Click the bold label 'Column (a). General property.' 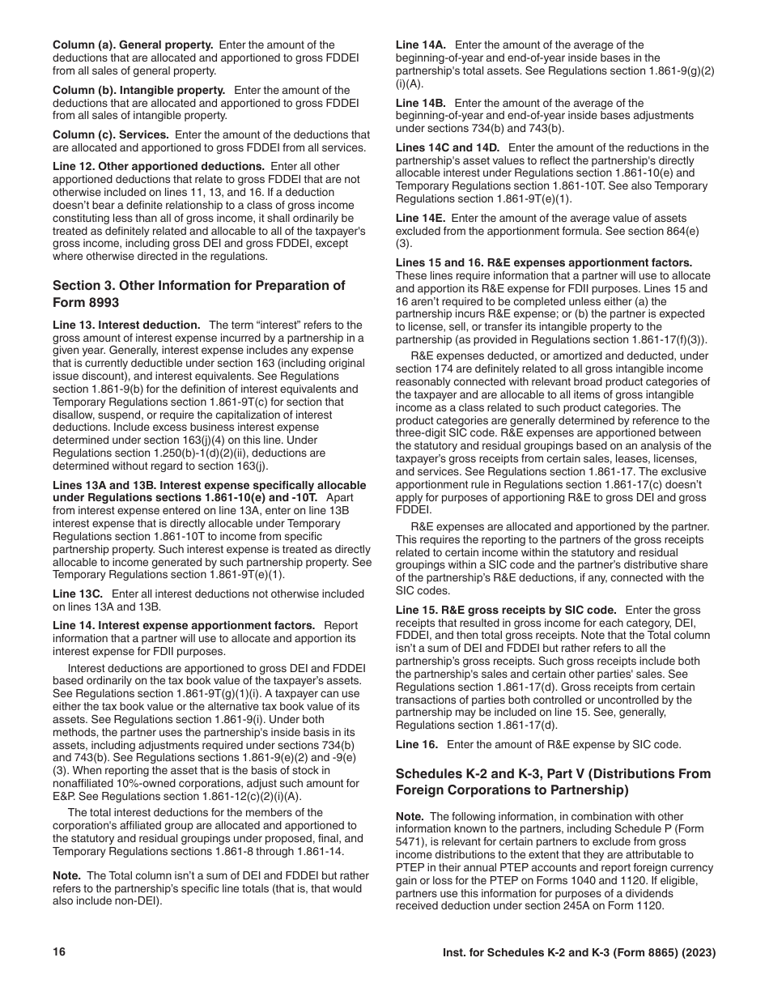[133, 45]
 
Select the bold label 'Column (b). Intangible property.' [138, 90]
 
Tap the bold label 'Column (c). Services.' [111, 135]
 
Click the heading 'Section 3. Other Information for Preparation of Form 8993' [198, 294]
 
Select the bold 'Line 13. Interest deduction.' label [126, 325]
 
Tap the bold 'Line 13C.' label [78, 594]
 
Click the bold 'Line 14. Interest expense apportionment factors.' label [184, 625]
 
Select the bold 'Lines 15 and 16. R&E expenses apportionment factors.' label [544, 262]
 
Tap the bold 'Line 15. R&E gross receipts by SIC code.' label [506, 610]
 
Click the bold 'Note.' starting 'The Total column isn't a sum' [66, 875]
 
